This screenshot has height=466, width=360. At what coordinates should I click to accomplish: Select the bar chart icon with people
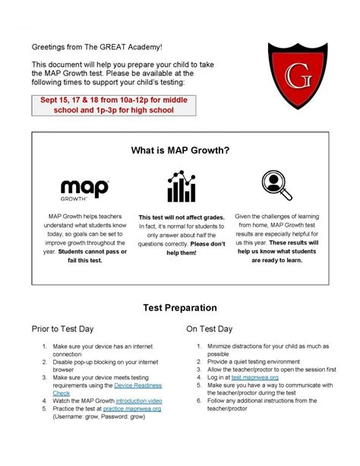[180, 187]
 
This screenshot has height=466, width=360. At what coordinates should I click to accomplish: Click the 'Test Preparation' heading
[180, 308]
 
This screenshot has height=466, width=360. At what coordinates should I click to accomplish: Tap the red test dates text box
[113, 105]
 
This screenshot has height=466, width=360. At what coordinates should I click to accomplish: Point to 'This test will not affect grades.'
[180, 217]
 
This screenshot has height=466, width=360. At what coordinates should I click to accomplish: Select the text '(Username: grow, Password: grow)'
[99, 417]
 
